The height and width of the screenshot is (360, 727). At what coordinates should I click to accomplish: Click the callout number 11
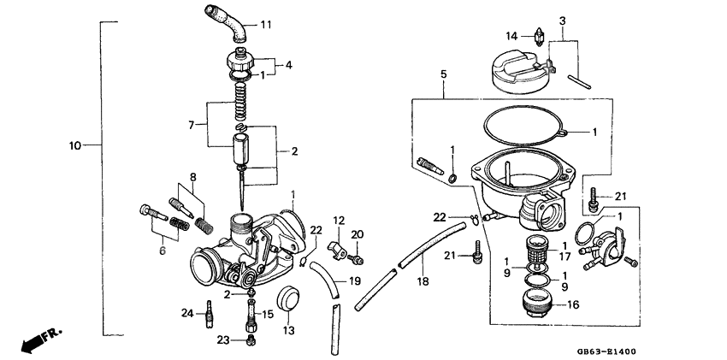265,24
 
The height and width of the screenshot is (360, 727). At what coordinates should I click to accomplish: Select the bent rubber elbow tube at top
226,20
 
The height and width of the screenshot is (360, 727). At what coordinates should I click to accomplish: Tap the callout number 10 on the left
74,146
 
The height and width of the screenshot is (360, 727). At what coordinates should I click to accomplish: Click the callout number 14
511,36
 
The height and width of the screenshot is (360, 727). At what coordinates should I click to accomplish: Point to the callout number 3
562,21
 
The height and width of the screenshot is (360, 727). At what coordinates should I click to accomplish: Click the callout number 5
444,75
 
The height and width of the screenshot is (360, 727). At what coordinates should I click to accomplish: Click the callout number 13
288,331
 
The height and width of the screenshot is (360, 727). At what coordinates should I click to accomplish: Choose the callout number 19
353,280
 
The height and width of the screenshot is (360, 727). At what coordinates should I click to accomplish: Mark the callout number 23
224,339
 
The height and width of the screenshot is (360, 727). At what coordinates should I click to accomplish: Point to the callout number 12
339,220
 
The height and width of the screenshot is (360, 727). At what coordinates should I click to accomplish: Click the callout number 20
358,234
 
